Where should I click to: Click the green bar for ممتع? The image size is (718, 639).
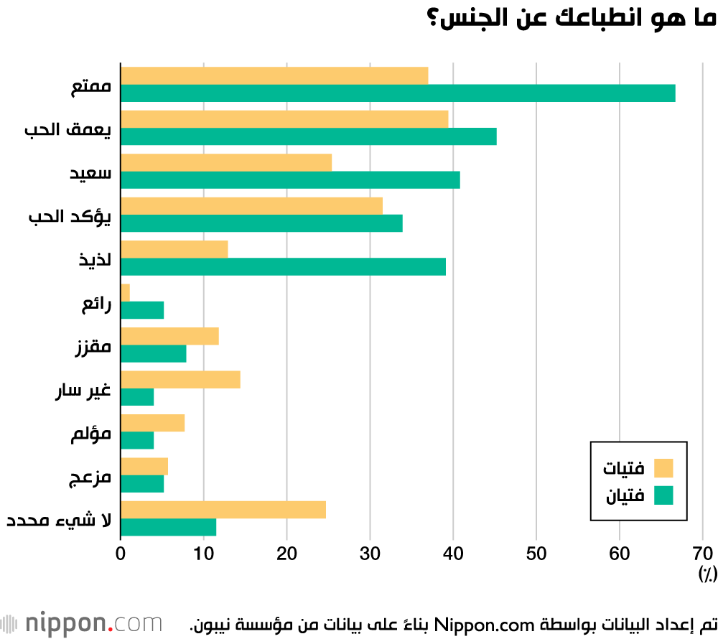pos(398,93)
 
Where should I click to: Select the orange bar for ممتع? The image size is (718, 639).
pos(274,76)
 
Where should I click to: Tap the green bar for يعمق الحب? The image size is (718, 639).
pos(309,136)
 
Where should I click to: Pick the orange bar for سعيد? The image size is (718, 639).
pos(226,162)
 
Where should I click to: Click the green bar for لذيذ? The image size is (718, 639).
pos(284,267)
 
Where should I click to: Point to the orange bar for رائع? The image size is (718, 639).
pos(125,293)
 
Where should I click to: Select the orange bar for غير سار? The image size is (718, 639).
pos(180,380)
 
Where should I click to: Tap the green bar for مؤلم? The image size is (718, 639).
pos(137,440)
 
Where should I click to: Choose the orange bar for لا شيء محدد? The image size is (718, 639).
pos(223,510)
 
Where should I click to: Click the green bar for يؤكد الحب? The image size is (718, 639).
pos(261,223)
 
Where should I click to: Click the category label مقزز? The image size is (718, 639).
pos(93,346)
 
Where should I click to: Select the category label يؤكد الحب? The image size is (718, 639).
pos(70,216)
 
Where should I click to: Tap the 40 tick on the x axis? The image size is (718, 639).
pos(453,554)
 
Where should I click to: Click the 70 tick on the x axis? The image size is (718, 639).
pos(703,554)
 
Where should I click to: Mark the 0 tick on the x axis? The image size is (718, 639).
pos(121,554)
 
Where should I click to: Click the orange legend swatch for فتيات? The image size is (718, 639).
pos(663,468)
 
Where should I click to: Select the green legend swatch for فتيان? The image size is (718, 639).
pos(663,495)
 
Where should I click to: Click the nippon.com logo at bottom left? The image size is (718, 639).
pos(82,624)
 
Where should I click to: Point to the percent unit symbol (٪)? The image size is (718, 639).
pos(708,574)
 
